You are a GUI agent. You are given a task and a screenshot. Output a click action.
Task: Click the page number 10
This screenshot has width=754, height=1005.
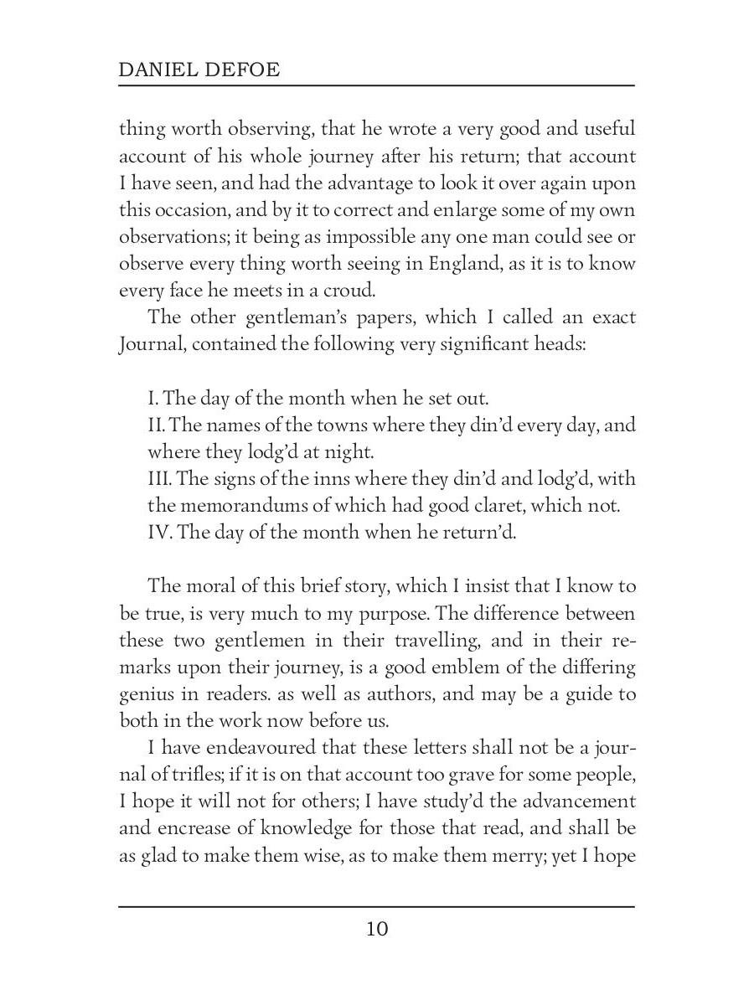(x=377, y=929)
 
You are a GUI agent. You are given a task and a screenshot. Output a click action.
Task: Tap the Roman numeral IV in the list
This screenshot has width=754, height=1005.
(x=159, y=532)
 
